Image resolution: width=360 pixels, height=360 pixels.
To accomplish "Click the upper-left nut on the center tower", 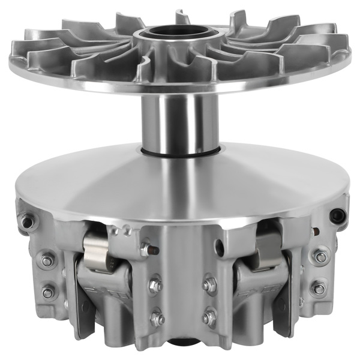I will coord(155,284).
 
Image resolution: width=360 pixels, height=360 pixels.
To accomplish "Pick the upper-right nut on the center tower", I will coord(209,284).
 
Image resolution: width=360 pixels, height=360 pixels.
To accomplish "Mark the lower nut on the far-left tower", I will coord(48,292).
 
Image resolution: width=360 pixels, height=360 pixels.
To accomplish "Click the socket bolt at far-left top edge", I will coord(25,223).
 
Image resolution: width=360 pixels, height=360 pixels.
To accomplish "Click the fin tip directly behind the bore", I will coord(182,16).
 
